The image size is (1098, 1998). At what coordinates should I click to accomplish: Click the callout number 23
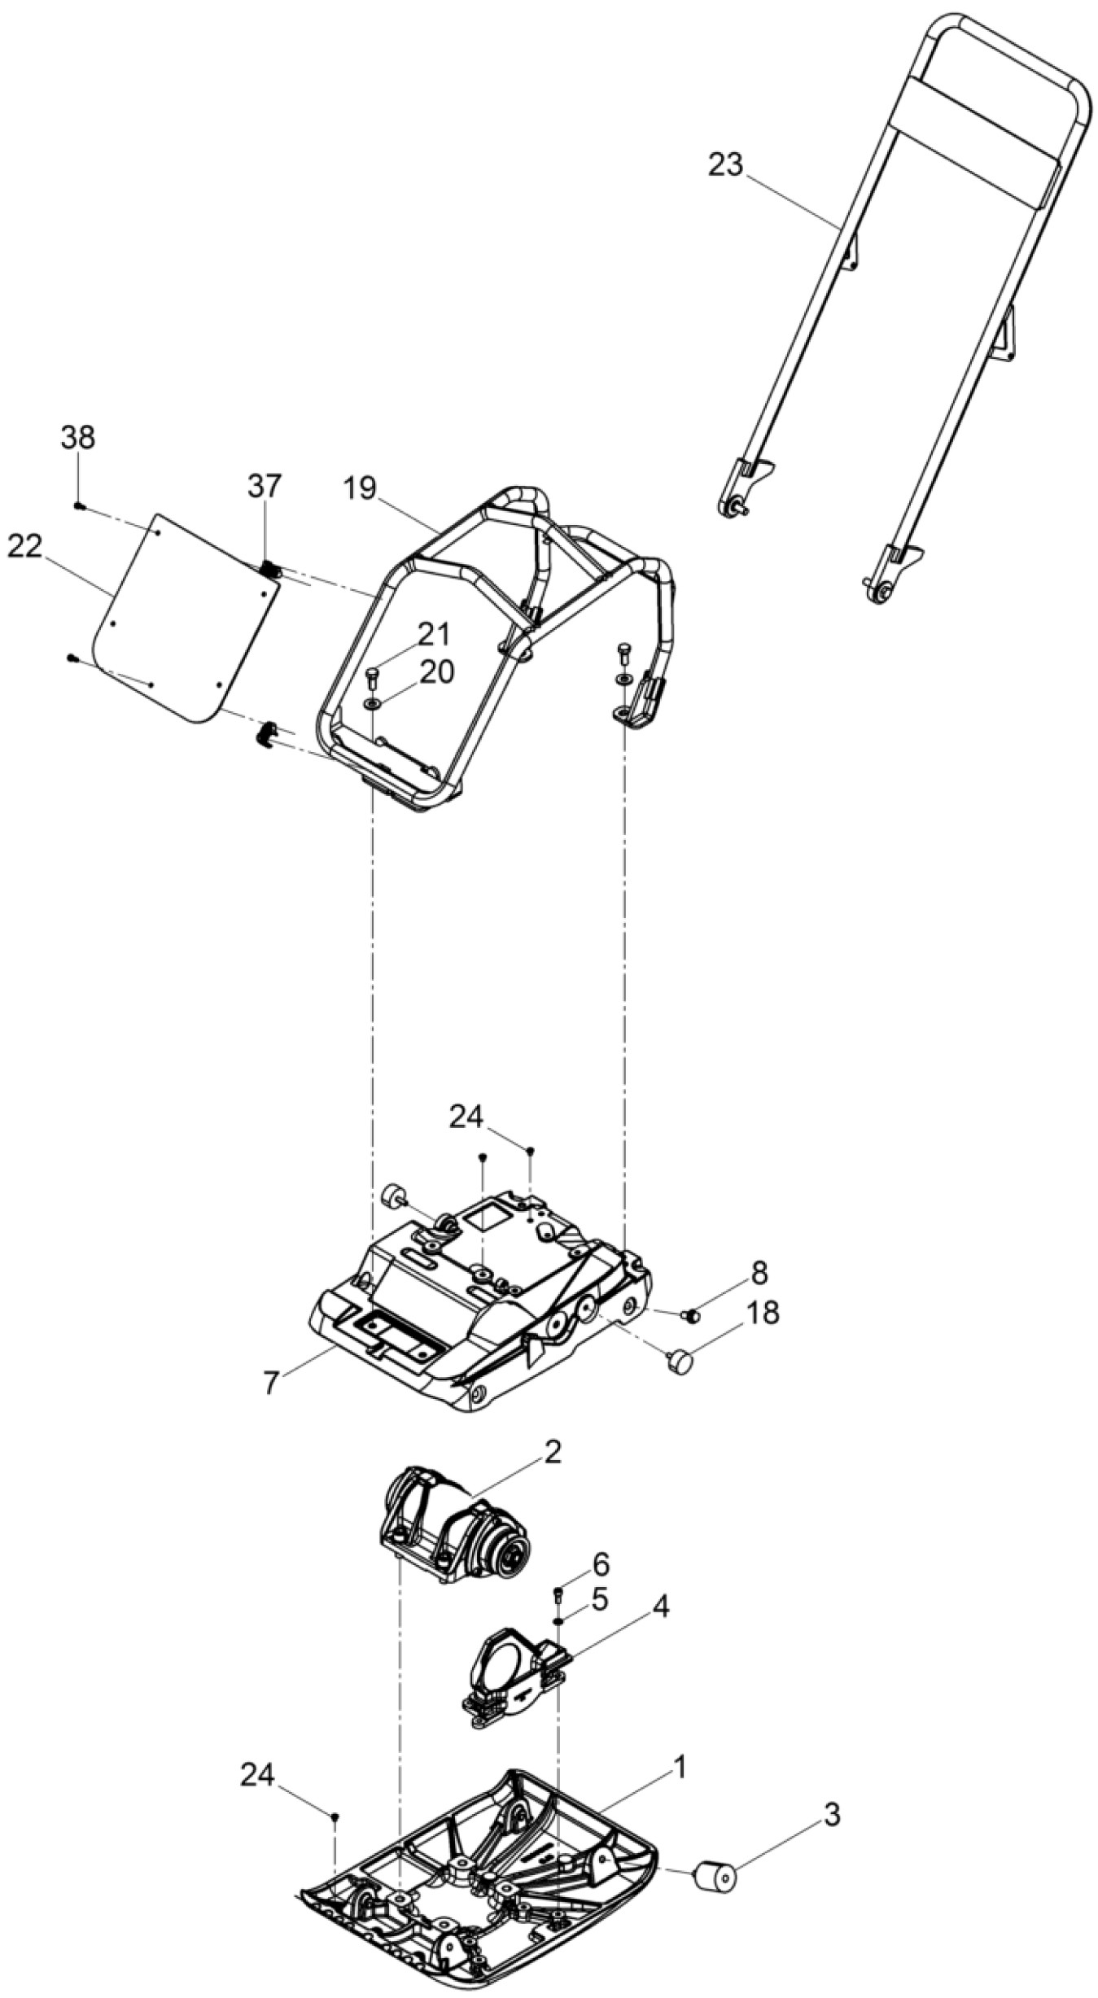725,165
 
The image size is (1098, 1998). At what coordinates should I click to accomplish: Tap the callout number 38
77,438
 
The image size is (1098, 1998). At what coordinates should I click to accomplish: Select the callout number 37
265,487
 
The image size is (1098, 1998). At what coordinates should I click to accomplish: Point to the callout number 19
359,488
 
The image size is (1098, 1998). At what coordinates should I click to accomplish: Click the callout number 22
24,547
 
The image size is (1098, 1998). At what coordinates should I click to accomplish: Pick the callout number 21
435,633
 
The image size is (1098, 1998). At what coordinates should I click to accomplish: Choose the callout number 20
436,672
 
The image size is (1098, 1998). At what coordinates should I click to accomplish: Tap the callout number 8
759,1272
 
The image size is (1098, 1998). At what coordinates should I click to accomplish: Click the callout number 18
761,1312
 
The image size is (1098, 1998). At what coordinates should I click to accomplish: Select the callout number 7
271,1382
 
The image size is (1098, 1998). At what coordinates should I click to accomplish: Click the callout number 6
600,1564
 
